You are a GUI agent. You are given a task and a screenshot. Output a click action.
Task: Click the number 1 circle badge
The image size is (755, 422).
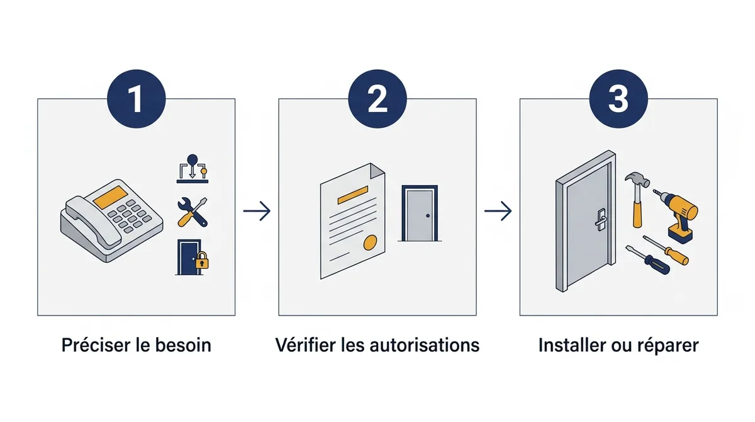(x=136, y=98)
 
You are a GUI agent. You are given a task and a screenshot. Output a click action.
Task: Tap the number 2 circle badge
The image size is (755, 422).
(x=377, y=98)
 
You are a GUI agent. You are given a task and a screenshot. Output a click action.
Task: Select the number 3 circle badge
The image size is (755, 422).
(x=618, y=98)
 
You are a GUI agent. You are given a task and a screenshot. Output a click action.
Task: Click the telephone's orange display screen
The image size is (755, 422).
(x=110, y=197)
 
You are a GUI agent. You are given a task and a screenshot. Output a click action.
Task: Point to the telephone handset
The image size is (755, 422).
(x=89, y=222)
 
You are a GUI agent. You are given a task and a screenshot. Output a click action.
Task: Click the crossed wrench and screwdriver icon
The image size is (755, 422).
(x=193, y=212)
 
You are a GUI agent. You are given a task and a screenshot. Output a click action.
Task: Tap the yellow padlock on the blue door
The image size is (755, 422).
(x=202, y=260)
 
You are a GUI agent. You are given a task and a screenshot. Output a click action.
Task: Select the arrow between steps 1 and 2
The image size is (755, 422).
(x=257, y=211)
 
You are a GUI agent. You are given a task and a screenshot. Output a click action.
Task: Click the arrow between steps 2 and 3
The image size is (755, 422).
(x=498, y=211)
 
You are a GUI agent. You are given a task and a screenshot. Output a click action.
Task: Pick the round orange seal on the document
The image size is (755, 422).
(x=370, y=242)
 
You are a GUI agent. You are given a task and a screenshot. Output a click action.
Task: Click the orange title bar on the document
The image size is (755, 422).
(x=352, y=195)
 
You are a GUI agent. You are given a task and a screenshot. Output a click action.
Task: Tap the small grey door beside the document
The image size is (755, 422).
(x=420, y=213)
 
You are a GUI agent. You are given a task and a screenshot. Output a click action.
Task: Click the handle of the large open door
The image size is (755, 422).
(x=601, y=220)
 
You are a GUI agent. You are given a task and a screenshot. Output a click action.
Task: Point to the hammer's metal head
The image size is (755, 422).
(x=637, y=179)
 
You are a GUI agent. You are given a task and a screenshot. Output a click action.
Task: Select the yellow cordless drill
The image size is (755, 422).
(x=678, y=216)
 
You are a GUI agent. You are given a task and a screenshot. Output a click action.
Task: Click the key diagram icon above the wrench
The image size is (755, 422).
(x=193, y=169)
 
